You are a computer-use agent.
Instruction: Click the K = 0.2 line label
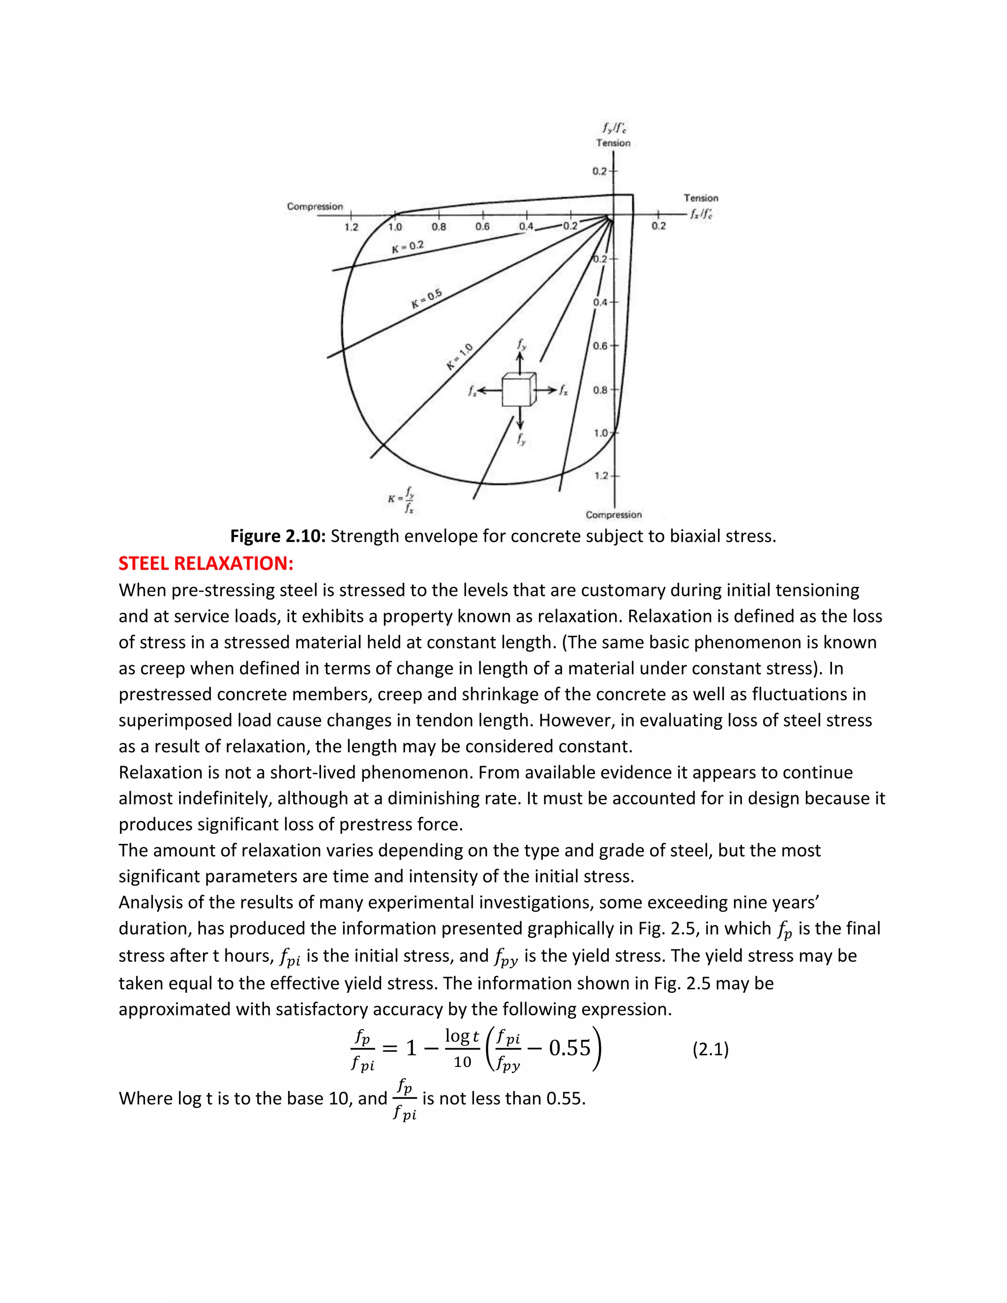point(408,247)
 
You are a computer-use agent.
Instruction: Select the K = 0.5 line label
point(426,298)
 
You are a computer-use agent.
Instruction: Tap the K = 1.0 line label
point(459,357)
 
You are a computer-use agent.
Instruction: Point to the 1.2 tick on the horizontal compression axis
point(352,227)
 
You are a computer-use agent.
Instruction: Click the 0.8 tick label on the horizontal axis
point(439,227)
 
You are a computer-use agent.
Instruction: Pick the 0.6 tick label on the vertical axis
point(601,346)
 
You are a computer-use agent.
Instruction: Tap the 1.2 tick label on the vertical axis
point(601,475)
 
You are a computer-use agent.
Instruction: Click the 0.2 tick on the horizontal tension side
point(658,226)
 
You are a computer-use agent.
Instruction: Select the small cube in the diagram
point(518,391)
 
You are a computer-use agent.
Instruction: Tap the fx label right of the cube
point(563,391)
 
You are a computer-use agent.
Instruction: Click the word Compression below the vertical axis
point(613,515)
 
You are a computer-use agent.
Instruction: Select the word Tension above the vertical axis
point(613,143)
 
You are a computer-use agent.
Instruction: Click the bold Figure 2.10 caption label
point(278,536)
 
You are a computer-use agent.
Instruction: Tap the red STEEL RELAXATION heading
point(206,563)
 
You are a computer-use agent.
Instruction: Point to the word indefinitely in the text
point(221,798)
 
